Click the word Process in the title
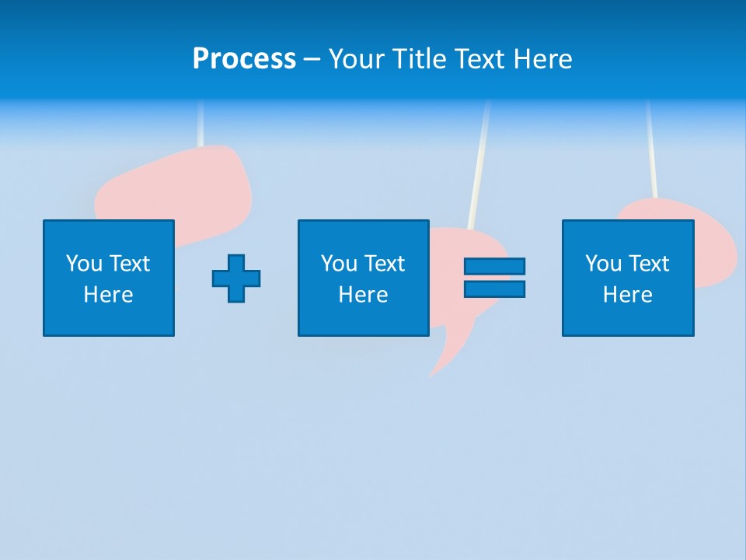pyautogui.click(x=244, y=58)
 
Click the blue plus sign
pyautogui.click(x=236, y=278)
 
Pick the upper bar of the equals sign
pyautogui.click(x=494, y=267)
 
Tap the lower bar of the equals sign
pyautogui.click(x=494, y=289)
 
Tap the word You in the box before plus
pyautogui.click(x=83, y=264)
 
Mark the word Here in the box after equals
pyautogui.click(x=628, y=295)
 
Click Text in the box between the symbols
pyautogui.click(x=384, y=264)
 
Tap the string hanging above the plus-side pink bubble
pyautogui.click(x=200, y=124)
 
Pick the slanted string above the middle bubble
pyautogui.click(x=479, y=163)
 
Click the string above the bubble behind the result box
pyautogui.click(x=651, y=152)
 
